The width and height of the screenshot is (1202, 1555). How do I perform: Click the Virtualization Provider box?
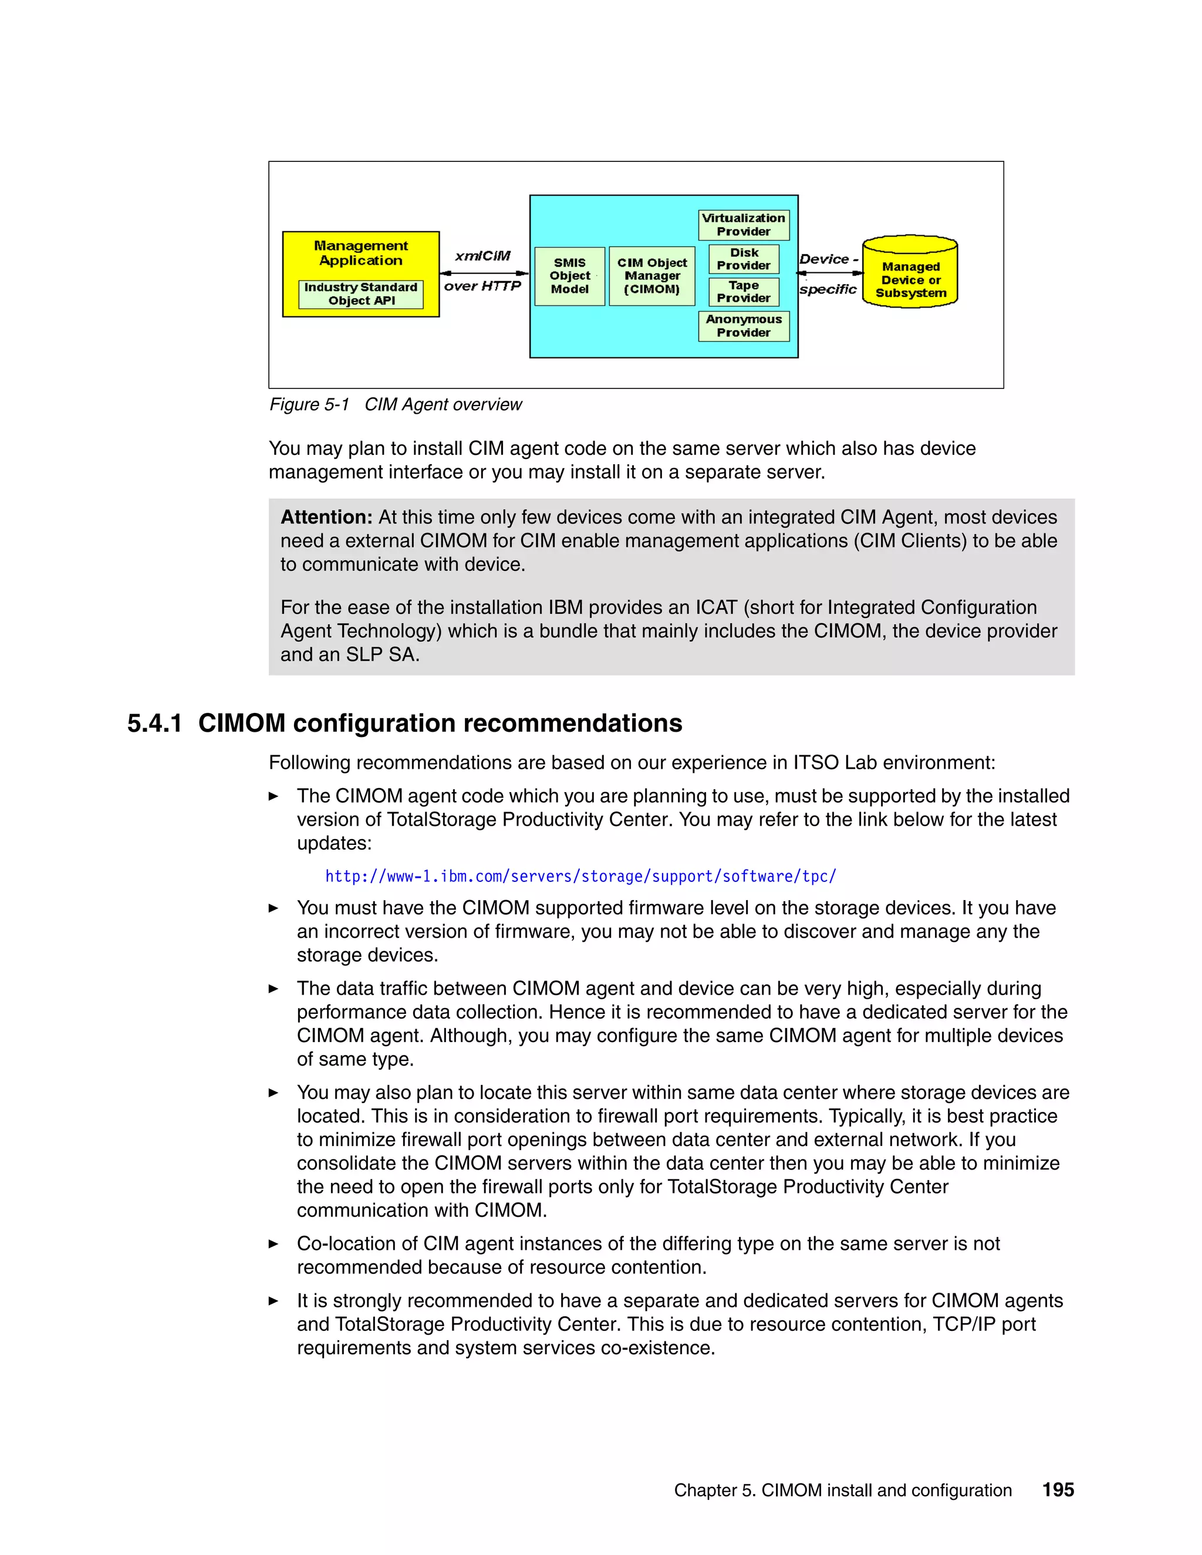[744, 225]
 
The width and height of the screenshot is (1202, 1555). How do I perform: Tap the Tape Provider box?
[744, 292]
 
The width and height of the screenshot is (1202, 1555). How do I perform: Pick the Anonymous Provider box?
[744, 326]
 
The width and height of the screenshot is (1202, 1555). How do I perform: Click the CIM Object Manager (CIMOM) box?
[651, 276]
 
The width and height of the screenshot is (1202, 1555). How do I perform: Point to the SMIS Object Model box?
[570, 276]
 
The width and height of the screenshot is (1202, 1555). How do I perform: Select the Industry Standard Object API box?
[360, 294]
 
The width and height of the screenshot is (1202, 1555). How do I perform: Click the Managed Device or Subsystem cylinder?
[910, 273]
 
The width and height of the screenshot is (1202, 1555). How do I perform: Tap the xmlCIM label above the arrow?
[483, 256]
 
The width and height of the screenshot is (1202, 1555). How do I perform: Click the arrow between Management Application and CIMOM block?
[484, 273]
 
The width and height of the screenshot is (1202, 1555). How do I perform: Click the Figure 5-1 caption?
[395, 404]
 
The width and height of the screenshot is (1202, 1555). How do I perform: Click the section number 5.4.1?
[154, 724]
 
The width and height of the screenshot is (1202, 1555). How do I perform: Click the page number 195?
[1058, 1489]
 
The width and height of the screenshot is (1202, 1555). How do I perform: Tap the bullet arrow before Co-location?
[274, 1244]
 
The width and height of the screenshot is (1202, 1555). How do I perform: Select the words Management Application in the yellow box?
[360, 253]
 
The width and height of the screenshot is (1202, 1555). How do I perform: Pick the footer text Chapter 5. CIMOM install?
[842, 1490]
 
